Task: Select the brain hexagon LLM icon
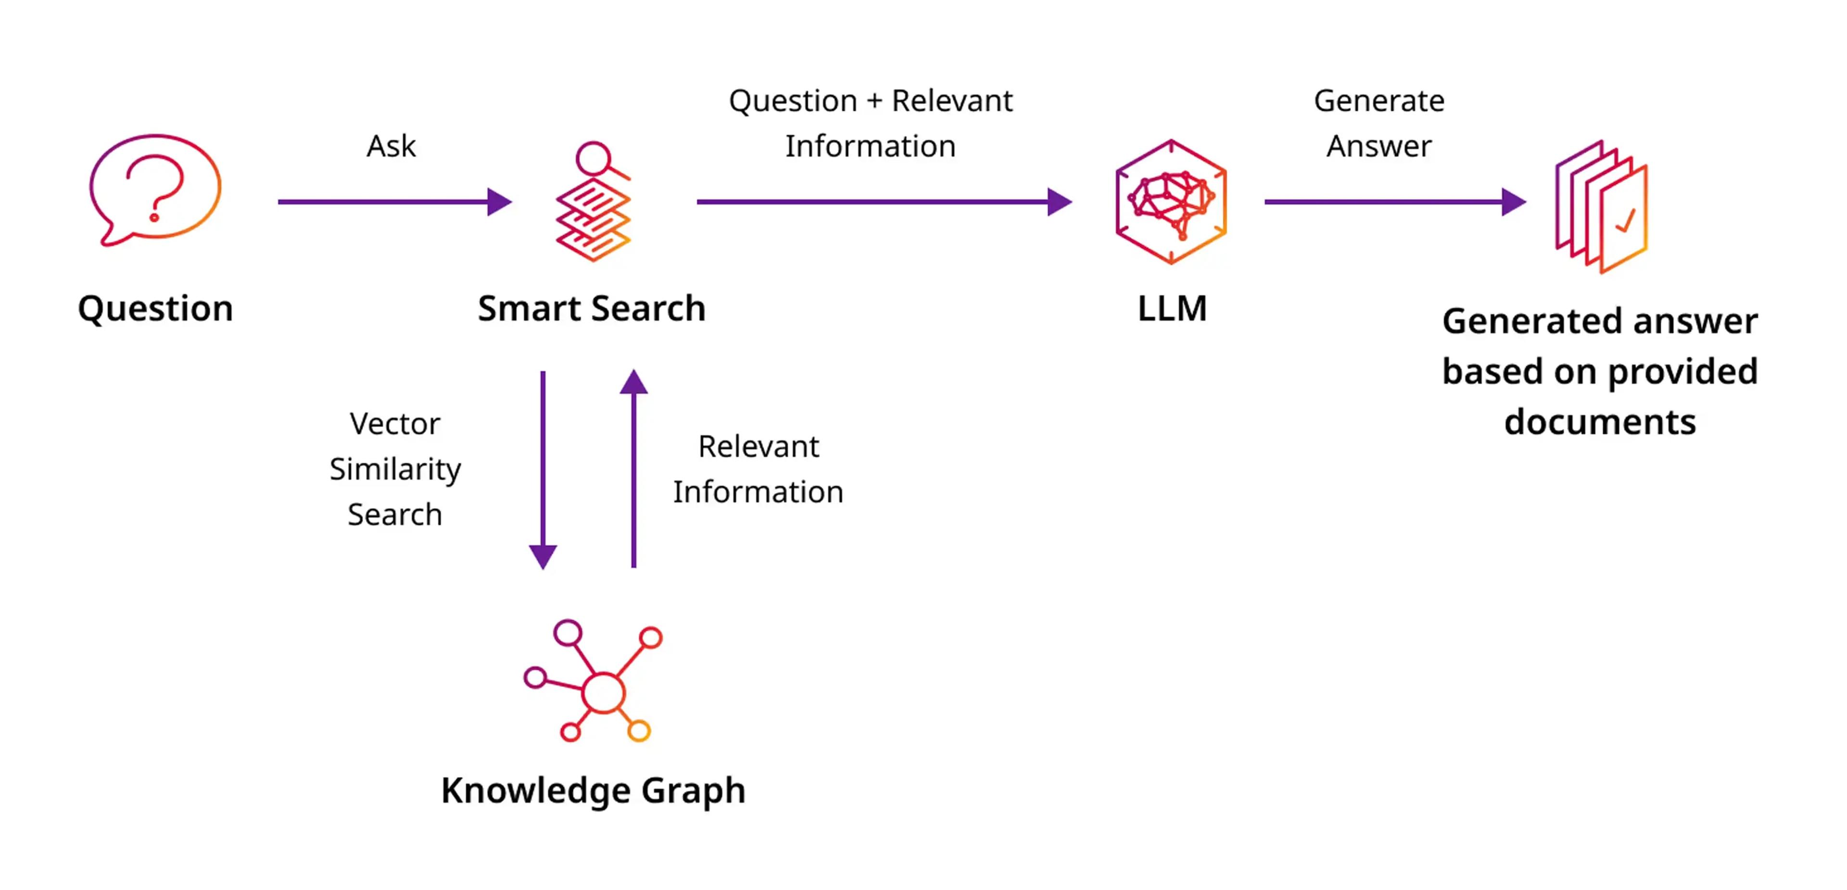[x=1171, y=202]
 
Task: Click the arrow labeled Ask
[x=394, y=202]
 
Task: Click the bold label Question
[x=155, y=308]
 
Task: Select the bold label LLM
[x=1172, y=308]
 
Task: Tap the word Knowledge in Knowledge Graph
[x=535, y=790]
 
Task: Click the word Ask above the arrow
[x=391, y=146]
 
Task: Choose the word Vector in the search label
[x=394, y=424]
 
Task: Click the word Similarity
[x=395, y=470]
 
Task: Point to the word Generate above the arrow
[x=1378, y=101]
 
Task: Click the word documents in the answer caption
[x=1600, y=422]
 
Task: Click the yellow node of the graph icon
[x=639, y=731]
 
